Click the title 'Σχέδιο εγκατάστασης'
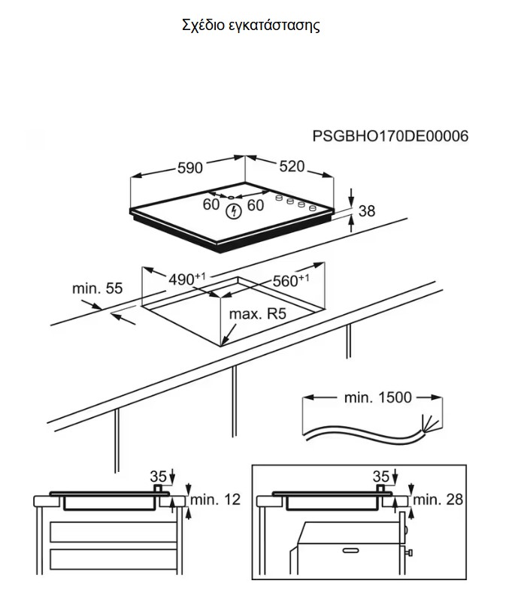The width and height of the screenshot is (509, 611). click(251, 26)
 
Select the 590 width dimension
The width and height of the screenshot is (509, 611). click(189, 168)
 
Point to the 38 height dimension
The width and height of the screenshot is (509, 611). click(366, 211)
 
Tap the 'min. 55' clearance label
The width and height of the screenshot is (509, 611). click(97, 288)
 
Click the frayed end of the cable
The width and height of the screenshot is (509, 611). click(431, 425)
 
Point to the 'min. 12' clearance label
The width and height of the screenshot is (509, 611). click(215, 498)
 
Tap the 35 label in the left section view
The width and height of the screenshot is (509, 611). click(158, 476)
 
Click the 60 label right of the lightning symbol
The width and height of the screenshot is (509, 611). click(256, 204)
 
